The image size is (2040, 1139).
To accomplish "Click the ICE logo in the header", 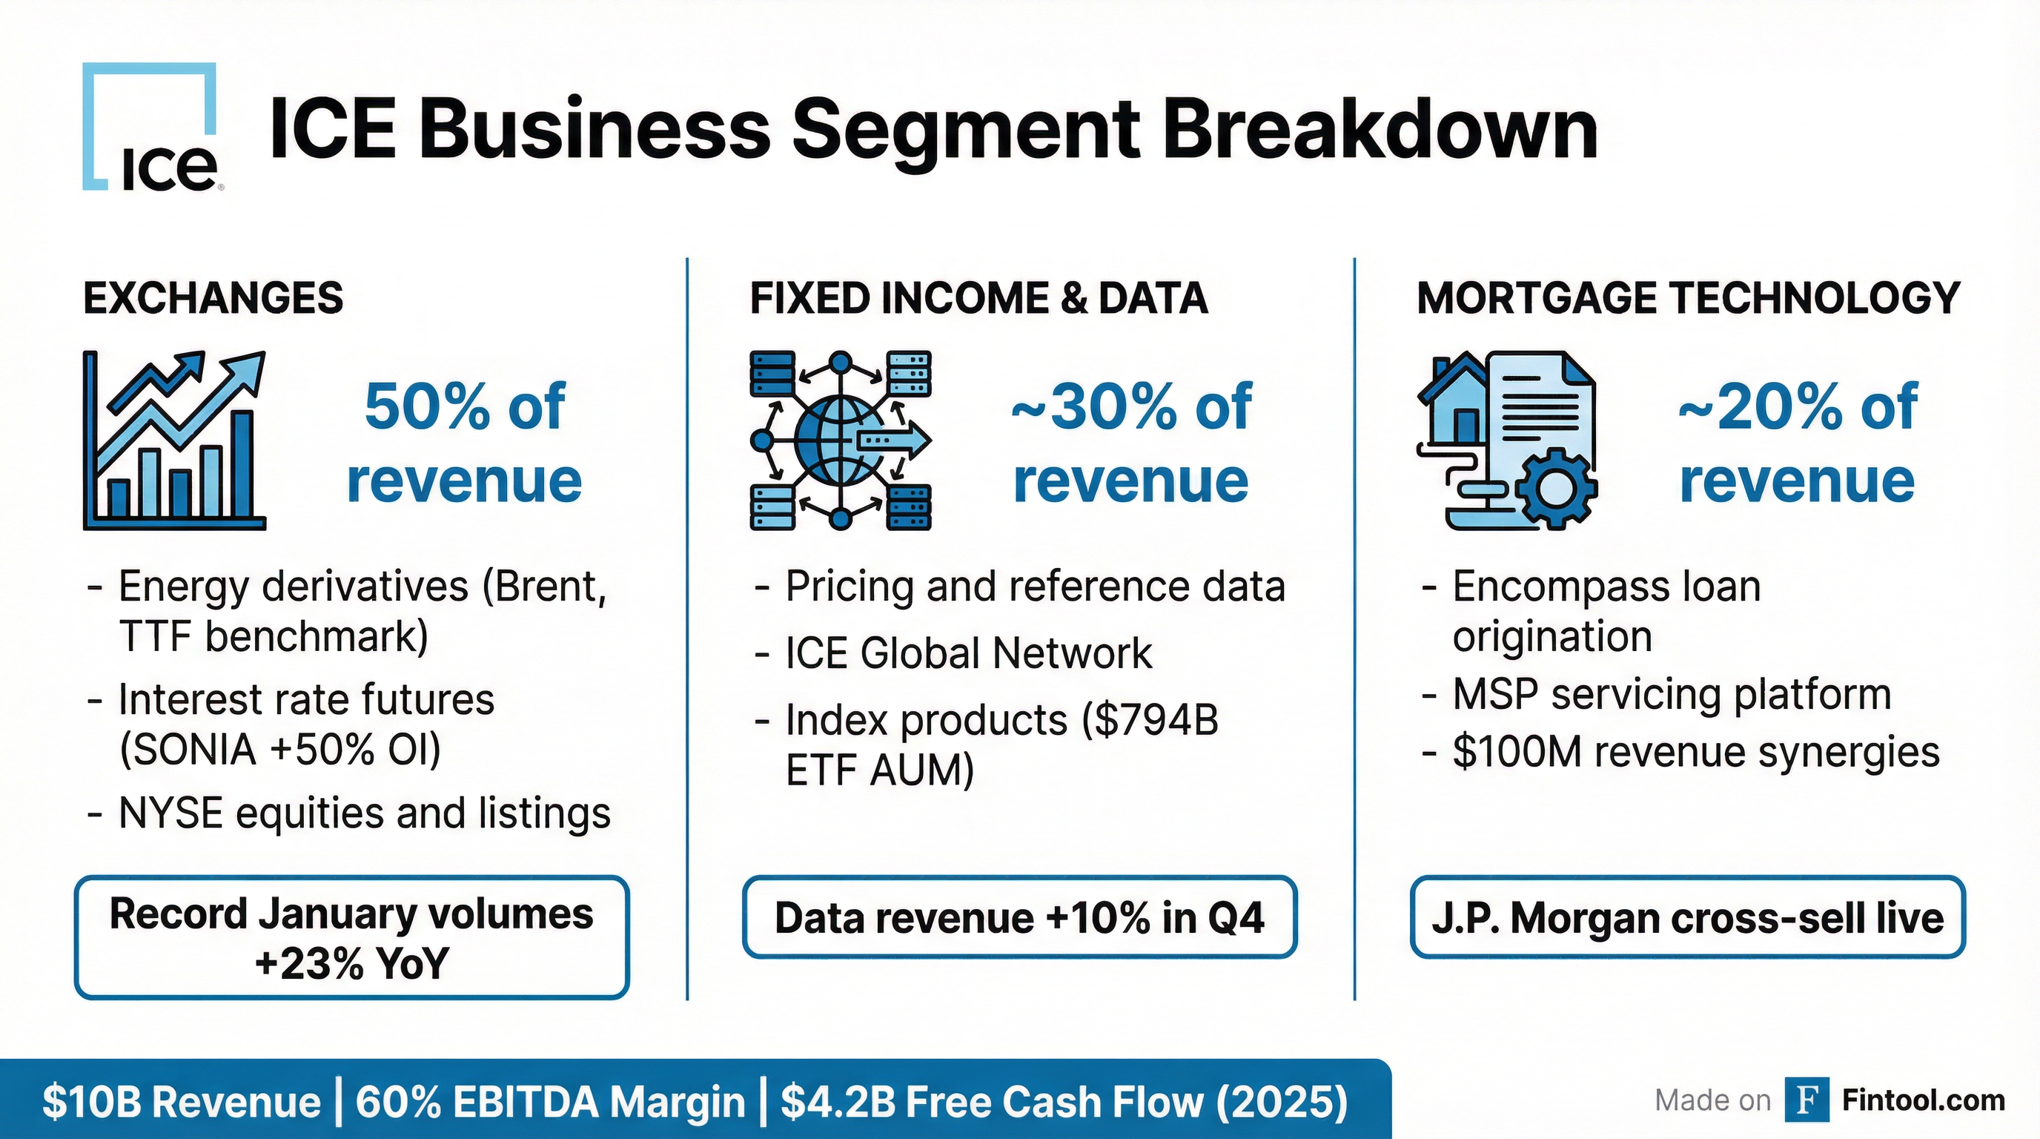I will click(x=150, y=128).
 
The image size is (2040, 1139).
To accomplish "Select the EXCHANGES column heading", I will click(x=213, y=299).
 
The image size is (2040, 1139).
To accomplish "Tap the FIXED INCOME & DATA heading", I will click(x=978, y=299).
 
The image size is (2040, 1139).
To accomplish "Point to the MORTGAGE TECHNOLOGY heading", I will click(x=1688, y=299).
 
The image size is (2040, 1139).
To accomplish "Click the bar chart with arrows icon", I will click(x=174, y=440).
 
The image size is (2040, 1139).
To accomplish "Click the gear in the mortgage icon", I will click(x=1554, y=489).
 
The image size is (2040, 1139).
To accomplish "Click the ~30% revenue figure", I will click(x=1131, y=443).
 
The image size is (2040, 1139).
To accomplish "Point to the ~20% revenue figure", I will click(x=1798, y=443).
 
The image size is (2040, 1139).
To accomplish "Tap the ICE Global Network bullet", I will click(x=967, y=653).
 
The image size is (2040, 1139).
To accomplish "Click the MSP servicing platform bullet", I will click(x=1671, y=695).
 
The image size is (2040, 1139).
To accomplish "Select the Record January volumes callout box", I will click(x=351, y=937).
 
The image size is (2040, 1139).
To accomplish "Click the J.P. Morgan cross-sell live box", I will click(x=1688, y=917).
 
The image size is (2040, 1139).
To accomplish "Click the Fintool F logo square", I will click(x=1807, y=1100).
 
